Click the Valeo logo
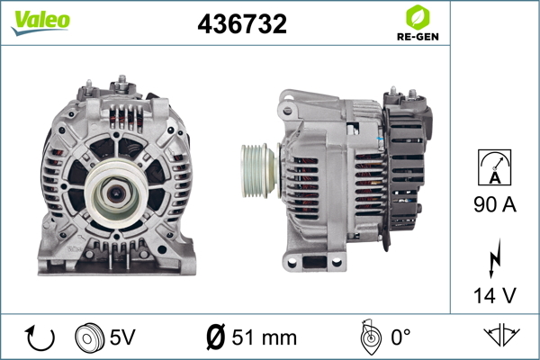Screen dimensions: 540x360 pos(40,22)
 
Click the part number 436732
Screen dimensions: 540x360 pos(242,23)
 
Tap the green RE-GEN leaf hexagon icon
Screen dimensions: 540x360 pos(418,17)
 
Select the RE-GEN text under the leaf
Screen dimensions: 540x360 pos(418,37)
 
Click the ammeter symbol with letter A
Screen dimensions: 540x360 pos(494,167)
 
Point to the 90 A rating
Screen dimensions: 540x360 pos(495,204)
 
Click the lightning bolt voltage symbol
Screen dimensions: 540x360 pos(494,258)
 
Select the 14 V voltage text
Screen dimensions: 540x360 pos(495,295)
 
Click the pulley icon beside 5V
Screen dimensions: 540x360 pos(89,337)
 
